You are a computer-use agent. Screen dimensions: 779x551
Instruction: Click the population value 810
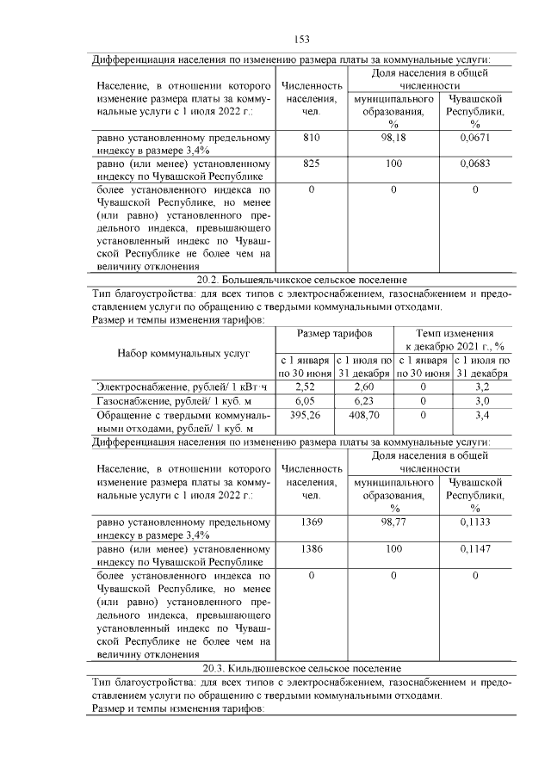(312, 139)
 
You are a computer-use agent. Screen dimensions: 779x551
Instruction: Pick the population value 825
(312, 163)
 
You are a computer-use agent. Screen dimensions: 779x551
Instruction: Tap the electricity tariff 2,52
(306, 387)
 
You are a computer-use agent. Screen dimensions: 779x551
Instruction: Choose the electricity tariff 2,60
(364, 387)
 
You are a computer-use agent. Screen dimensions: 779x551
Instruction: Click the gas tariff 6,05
(306, 401)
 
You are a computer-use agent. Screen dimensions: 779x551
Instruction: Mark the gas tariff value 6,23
(364, 401)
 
